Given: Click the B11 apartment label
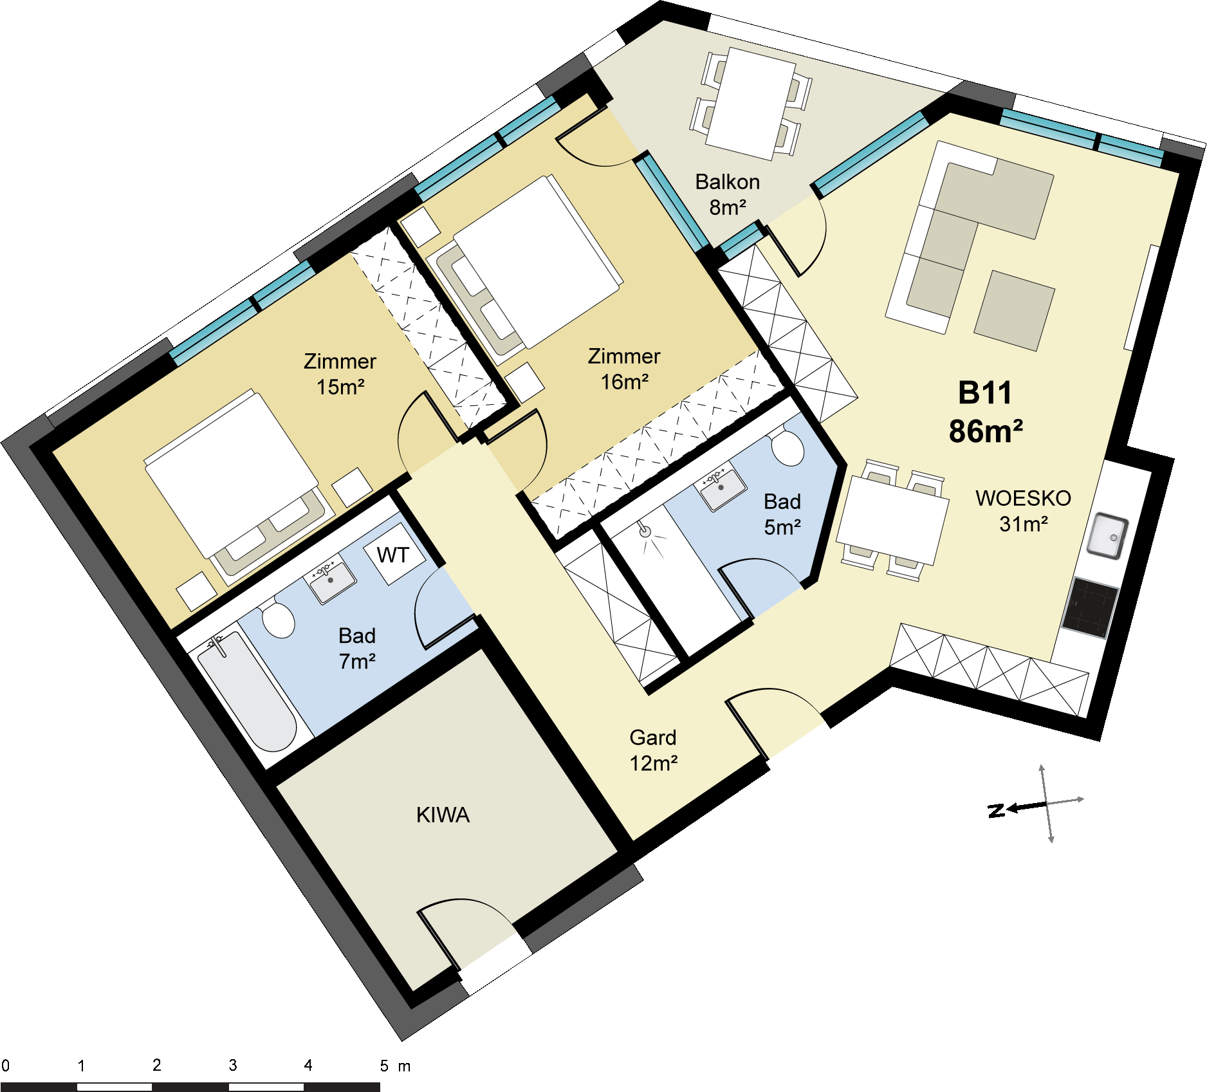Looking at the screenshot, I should [x=984, y=393].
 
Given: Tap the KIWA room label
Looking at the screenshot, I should [x=443, y=815].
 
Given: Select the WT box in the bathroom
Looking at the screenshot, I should [x=393, y=555].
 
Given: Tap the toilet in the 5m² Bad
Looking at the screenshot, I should [x=788, y=447].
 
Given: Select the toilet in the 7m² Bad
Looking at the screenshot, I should [x=279, y=620].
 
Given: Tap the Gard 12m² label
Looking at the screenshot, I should [x=652, y=750].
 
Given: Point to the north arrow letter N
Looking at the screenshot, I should [x=996, y=810].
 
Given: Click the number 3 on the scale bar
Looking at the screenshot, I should [x=233, y=1065].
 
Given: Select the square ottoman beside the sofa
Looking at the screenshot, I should [x=1014, y=311].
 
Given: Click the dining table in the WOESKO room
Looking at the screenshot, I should [x=893, y=519].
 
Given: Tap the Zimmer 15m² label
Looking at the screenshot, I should [x=340, y=374].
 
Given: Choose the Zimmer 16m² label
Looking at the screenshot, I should [x=623, y=369].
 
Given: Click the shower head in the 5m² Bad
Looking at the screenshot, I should [x=645, y=531].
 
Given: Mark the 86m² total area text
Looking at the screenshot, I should [x=985, y=431].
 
